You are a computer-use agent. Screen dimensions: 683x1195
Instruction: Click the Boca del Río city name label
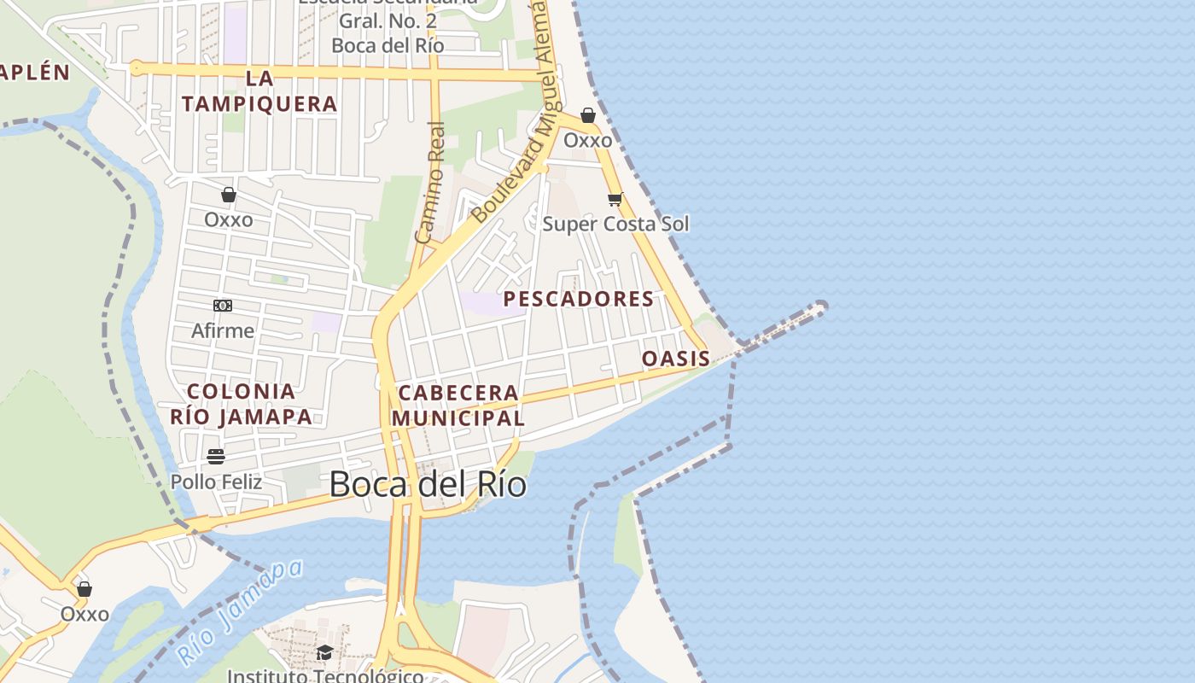click(x=428, y=484)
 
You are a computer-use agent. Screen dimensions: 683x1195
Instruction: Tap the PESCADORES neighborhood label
click(x=579, y=299)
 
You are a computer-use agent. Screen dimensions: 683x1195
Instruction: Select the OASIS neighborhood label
click(x=675, y=359)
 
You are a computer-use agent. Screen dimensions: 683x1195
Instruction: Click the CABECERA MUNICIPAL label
click(x=458, y=406)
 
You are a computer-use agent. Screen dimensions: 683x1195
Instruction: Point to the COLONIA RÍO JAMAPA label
click(x=242, y=404)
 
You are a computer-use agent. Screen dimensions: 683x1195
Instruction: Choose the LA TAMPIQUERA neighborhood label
click(x=259, y=91)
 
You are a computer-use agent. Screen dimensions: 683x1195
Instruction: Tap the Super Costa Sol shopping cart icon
click(x=615, y=200)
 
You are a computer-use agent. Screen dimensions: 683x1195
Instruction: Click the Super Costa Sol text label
click(x=615, y=224)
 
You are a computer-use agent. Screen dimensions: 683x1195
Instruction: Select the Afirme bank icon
click(x=223, y=306)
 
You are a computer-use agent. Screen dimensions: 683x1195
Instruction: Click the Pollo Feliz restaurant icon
click(x=216, y=457)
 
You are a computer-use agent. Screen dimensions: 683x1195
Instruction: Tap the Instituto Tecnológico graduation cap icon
click(x=324, y=653)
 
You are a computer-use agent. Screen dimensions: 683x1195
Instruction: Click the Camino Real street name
click(x=431, y=183)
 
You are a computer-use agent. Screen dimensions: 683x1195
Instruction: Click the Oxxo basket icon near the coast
click(x=588, y=115)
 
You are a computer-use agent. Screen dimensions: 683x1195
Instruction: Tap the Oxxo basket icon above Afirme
click(x=229, y=196)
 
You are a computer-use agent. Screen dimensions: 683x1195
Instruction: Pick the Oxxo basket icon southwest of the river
click(x=85, y=589)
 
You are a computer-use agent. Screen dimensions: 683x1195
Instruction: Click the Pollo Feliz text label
click(x=216, y=482)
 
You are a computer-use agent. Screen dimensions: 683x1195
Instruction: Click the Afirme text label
click(x=223, y=330)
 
